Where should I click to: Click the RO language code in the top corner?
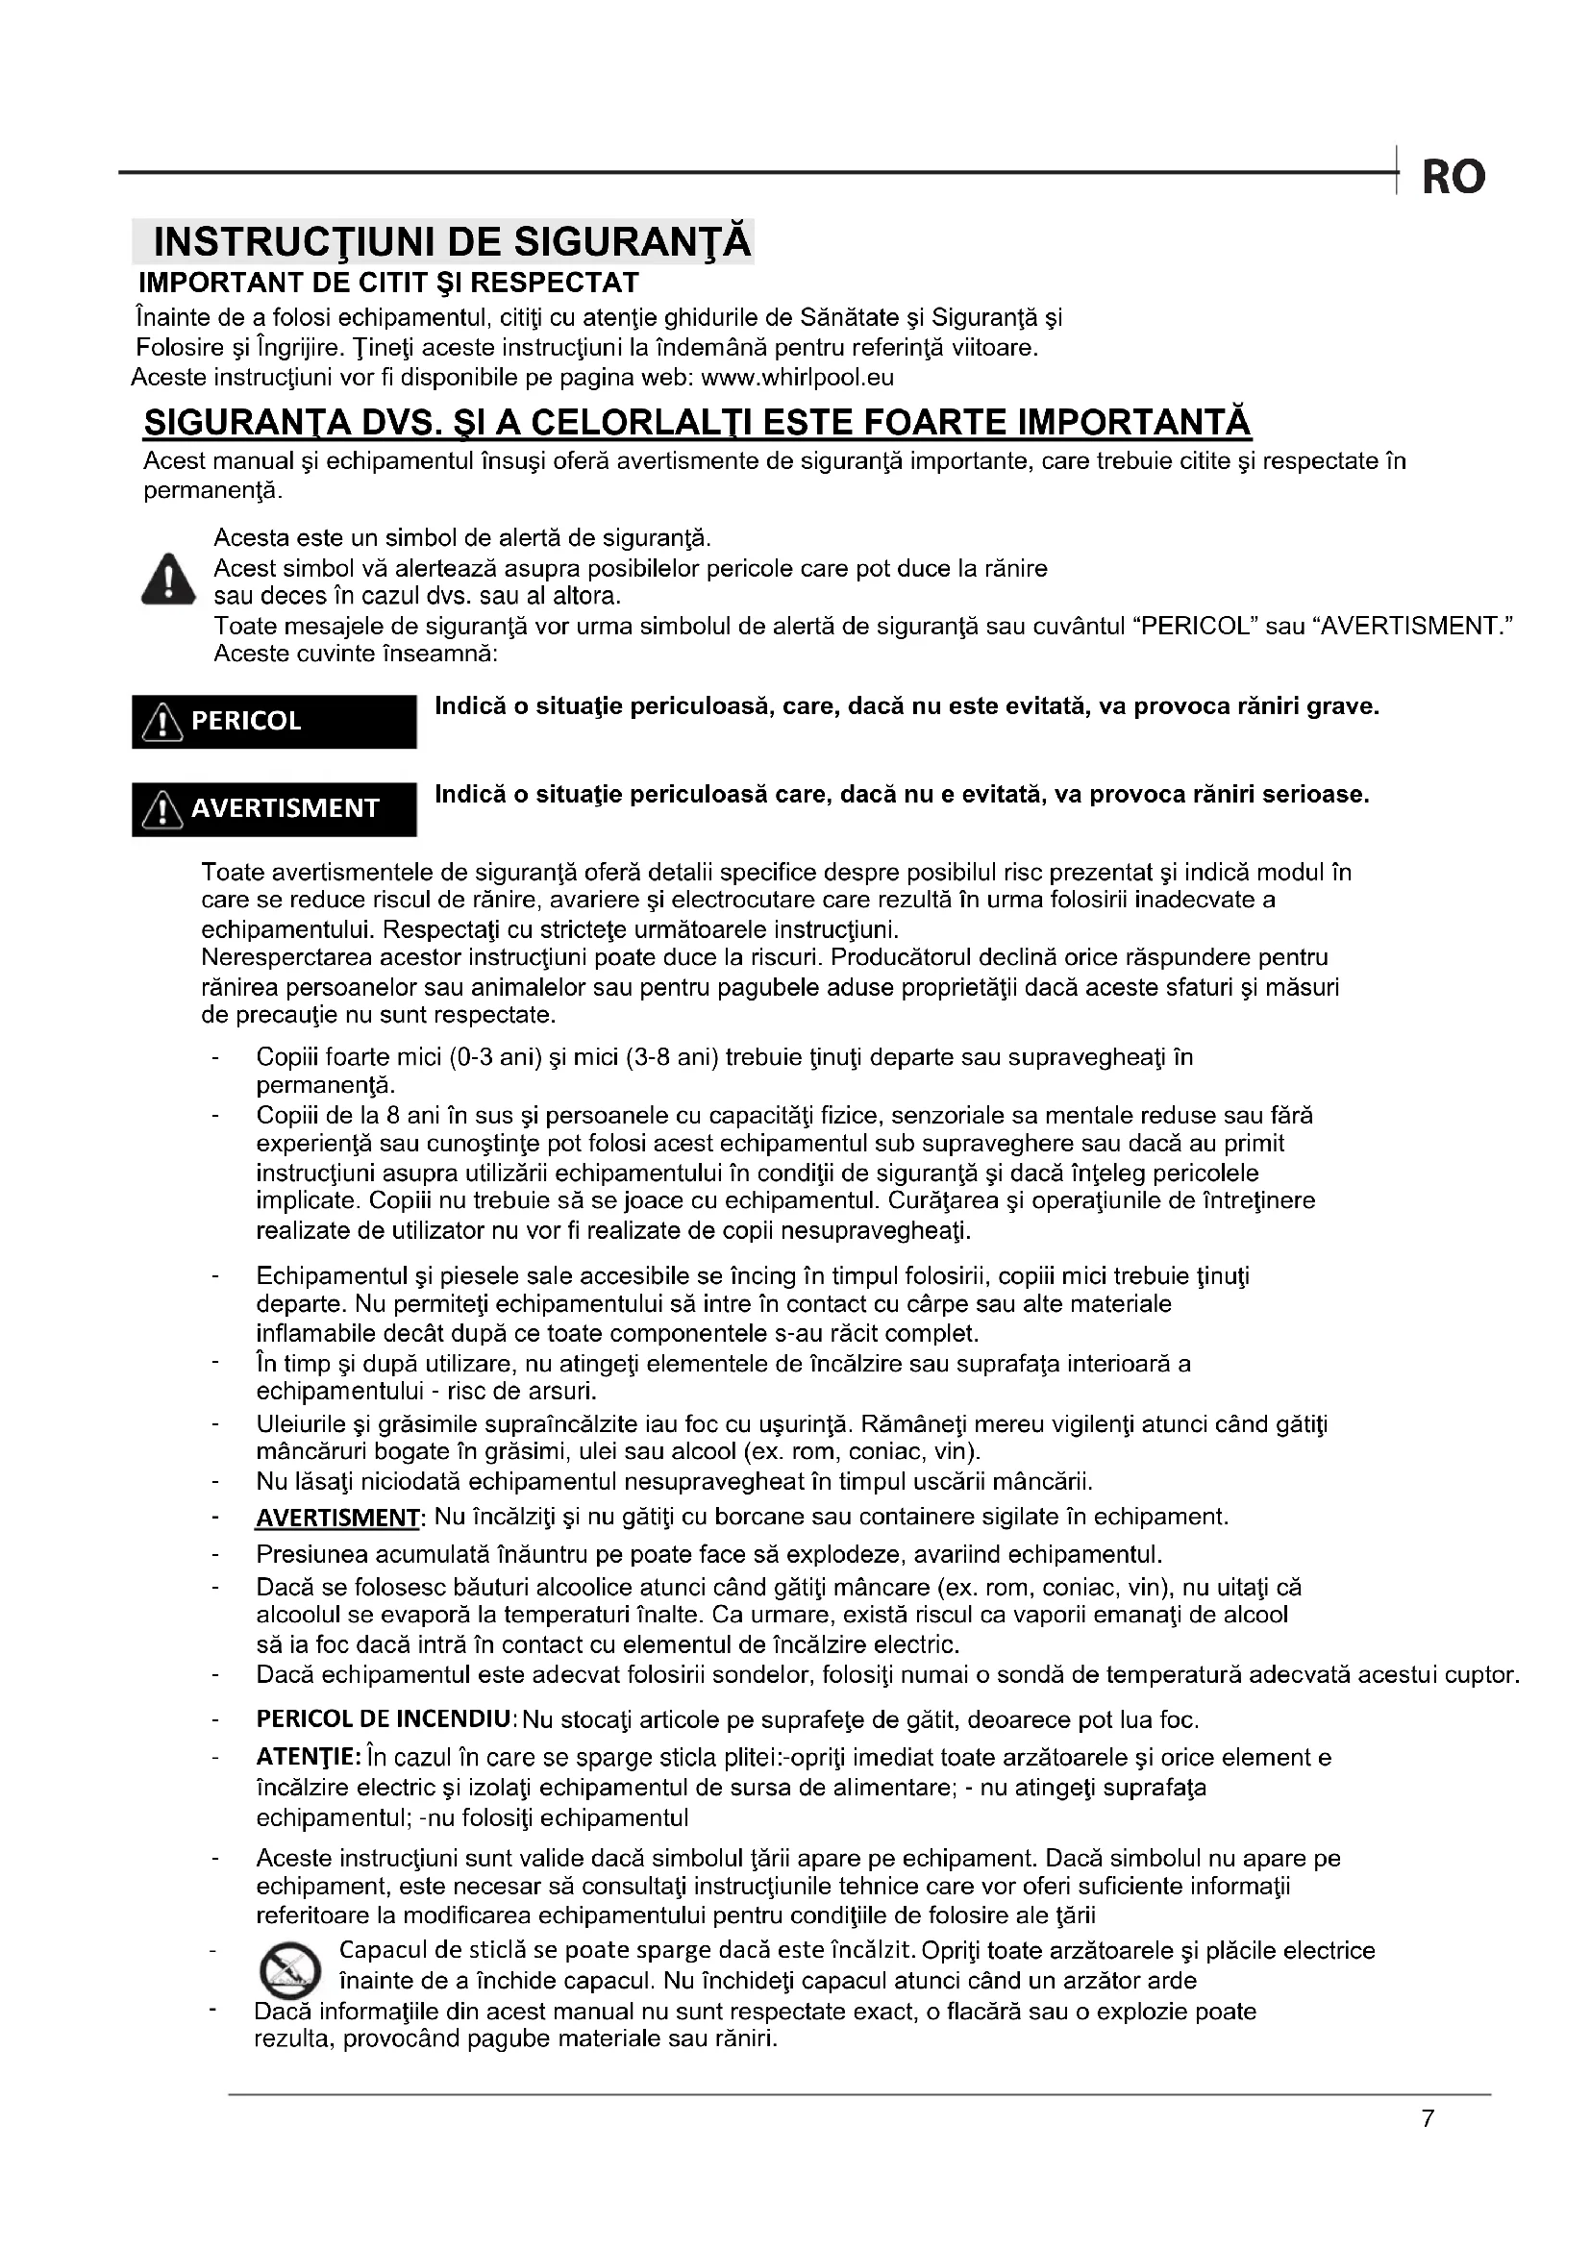tap(1453, 177)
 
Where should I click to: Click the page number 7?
tap(1428, 2120)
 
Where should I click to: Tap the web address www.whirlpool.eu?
tap(798, 378)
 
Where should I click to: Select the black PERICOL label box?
tap(274, 722)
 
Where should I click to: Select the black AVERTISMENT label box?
tap(274, 808)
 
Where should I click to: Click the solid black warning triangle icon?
tap(168, 579)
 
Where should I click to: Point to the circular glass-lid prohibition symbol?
tap(288, 1969)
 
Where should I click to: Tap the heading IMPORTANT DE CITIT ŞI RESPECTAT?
tap(388, 283)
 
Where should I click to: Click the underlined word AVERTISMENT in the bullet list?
tap(337, 1519)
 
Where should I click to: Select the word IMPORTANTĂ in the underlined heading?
tap(1134, 423)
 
